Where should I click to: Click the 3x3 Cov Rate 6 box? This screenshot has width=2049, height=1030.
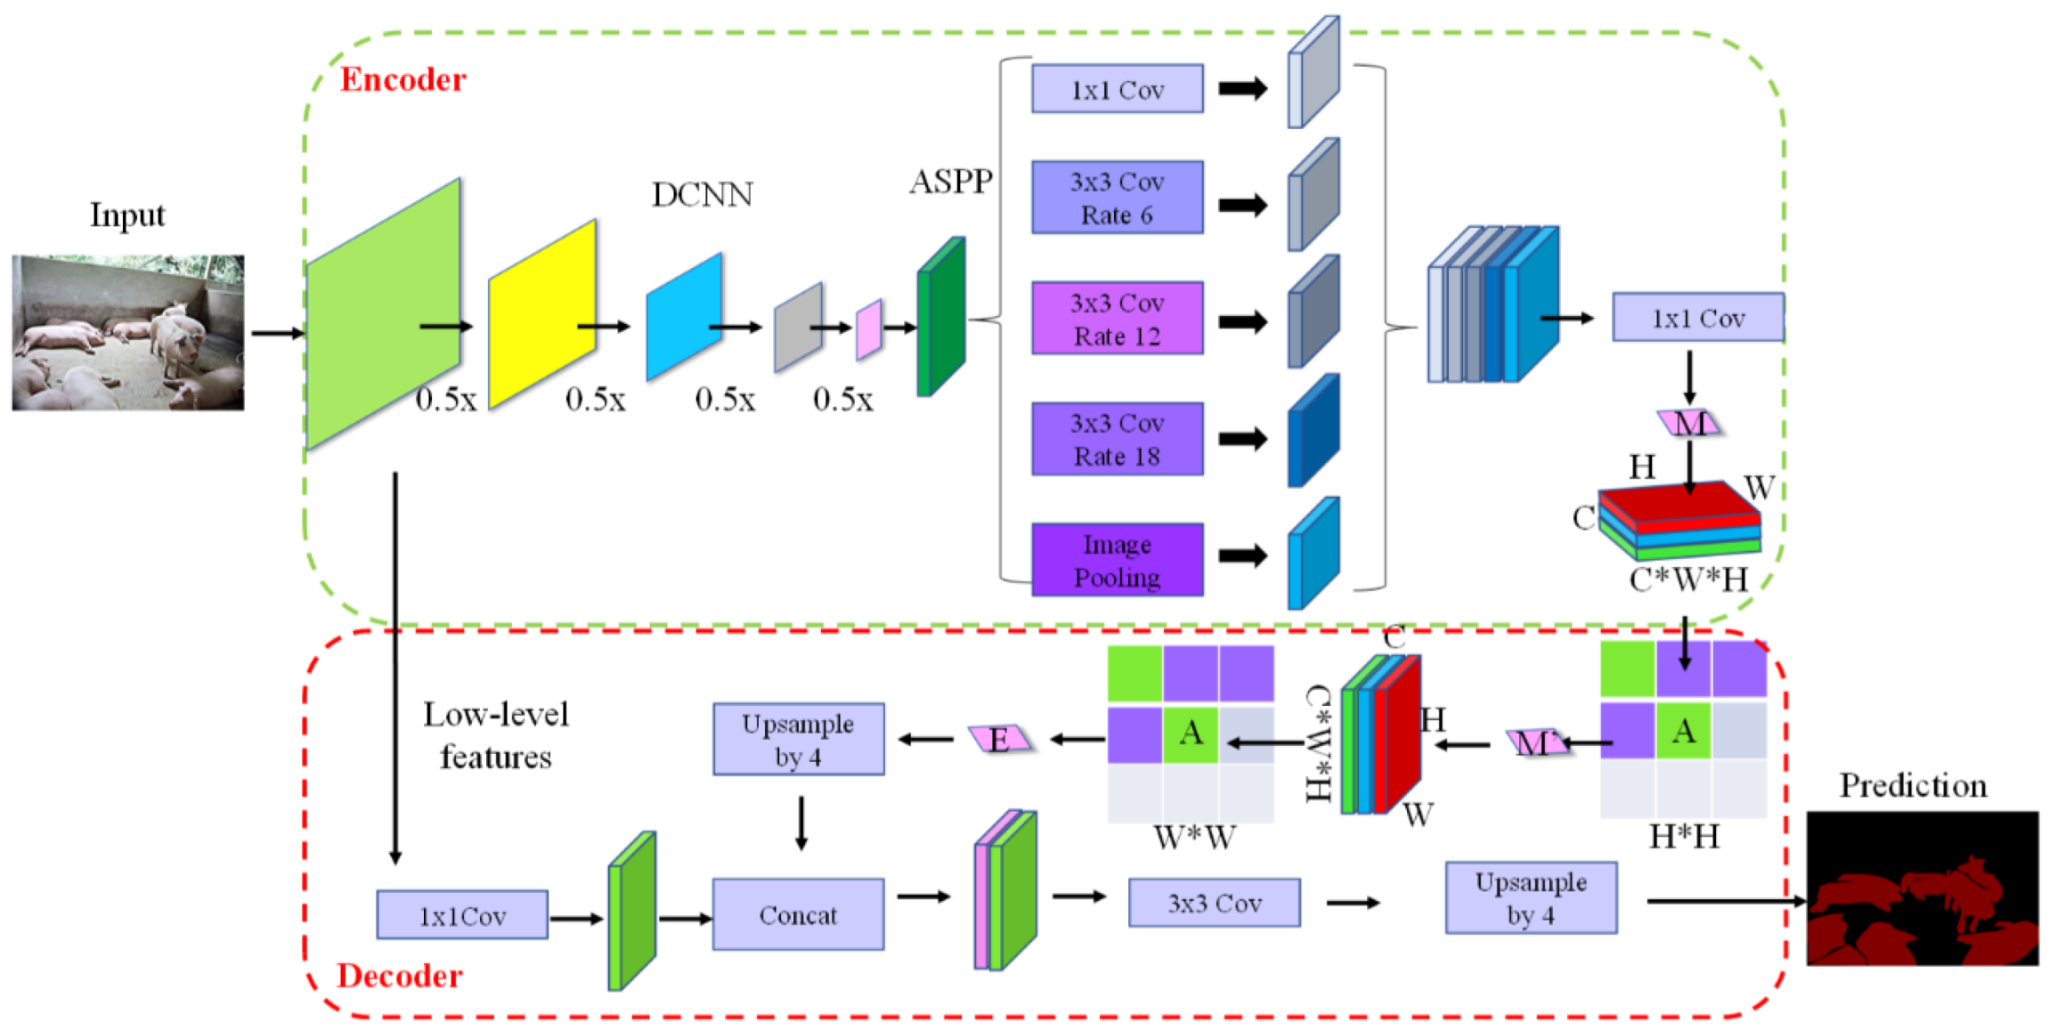[x=1118, y=198]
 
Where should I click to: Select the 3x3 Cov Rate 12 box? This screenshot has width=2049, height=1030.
[x=1118, y=319]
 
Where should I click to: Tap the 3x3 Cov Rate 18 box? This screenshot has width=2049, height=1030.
[x=1118, y=439]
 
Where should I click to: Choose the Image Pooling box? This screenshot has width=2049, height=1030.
[x=1118, y=560]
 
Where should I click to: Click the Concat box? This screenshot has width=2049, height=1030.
[x=798, y=914]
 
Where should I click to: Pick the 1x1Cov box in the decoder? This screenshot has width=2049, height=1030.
[x=462, y=915]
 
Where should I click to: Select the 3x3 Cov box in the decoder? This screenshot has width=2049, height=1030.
[x=1215, y=903]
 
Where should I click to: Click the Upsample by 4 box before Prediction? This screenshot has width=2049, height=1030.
[x=1531, y=897]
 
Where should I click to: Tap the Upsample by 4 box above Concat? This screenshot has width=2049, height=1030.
[x=799, y=739]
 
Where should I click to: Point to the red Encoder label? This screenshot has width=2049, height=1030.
[x=403, y=80]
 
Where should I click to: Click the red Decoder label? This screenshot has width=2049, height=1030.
[x=400, y=976]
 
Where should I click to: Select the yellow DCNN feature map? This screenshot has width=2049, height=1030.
[x=542, y=313]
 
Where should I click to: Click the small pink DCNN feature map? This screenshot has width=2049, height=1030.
[x=869, y=329]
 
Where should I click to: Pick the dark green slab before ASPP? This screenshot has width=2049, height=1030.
[x=941, y=316]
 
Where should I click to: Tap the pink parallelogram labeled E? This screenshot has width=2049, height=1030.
[x=999, y=739]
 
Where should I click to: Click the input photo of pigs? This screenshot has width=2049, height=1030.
[x=128, y=333]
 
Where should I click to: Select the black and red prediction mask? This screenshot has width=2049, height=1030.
[x=1923, y=888]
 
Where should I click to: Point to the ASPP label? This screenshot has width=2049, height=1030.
[x=951, y=182]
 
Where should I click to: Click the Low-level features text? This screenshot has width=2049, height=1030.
[x=496, y=735]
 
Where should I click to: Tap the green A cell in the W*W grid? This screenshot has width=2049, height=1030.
[x=1191, y=733]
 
